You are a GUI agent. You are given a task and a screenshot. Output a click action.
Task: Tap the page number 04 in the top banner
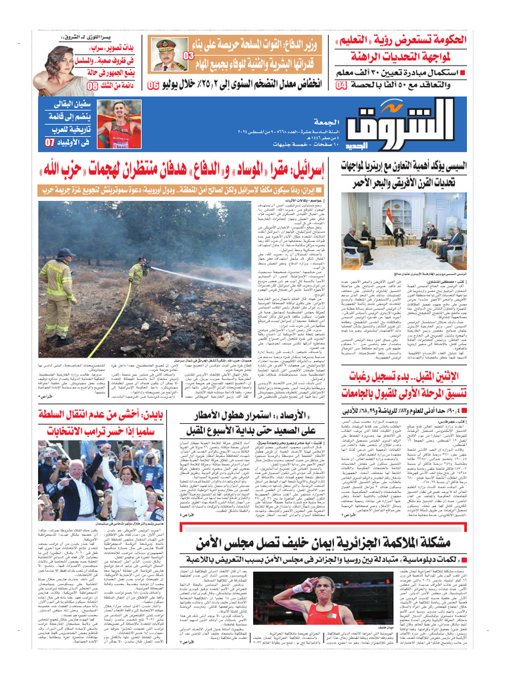click(341, 85)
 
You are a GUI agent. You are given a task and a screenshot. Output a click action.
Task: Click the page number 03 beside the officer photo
click(189, 56)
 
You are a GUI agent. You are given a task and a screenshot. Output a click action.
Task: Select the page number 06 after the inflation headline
click(153, 85)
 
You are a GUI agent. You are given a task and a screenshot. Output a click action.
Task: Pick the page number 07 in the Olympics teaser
click(50, 142)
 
